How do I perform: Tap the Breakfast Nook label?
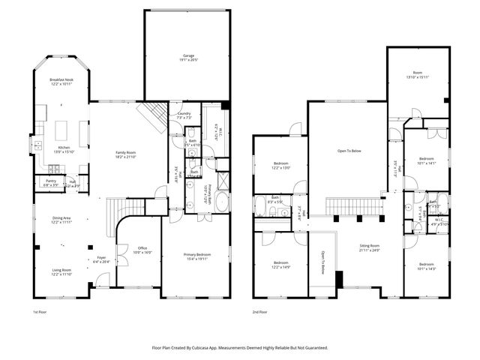pyautogui.click(x=61, y=79)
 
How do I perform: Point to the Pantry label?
pyautogui.click(x=51, y=181)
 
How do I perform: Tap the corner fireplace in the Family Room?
pyautogui.click(x=153, y=116)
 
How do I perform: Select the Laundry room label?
pyautogui.click(x=183, y=113)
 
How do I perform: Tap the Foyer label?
pyautogui.click(x=101, y=258)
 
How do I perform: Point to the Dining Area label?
pyautogui.click(x=61, y=218)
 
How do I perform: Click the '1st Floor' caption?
pyautogui.click(x=41, y=311)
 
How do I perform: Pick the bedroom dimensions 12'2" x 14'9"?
pyautogui.click(x=279, y=267)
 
